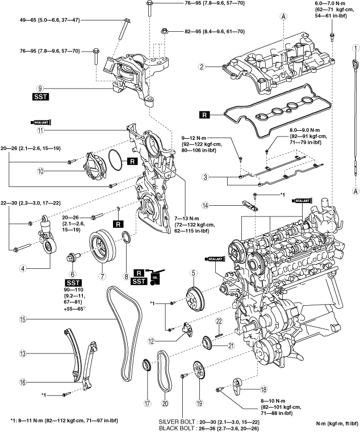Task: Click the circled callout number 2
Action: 201,67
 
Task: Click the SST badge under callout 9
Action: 40,97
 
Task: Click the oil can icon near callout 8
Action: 156,277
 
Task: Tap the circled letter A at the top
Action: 282,17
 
